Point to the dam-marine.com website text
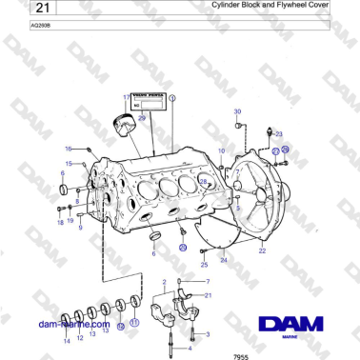pos(74,324)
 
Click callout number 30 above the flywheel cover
pos(237,111)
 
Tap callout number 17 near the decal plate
pos(125,98)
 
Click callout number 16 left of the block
pos(68,150)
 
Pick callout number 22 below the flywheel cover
pos(262,251)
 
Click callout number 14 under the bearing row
pos(67,339)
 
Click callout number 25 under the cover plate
pos(204,265)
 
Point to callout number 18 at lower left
pos(59,222)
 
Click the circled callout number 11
pos(133,323)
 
